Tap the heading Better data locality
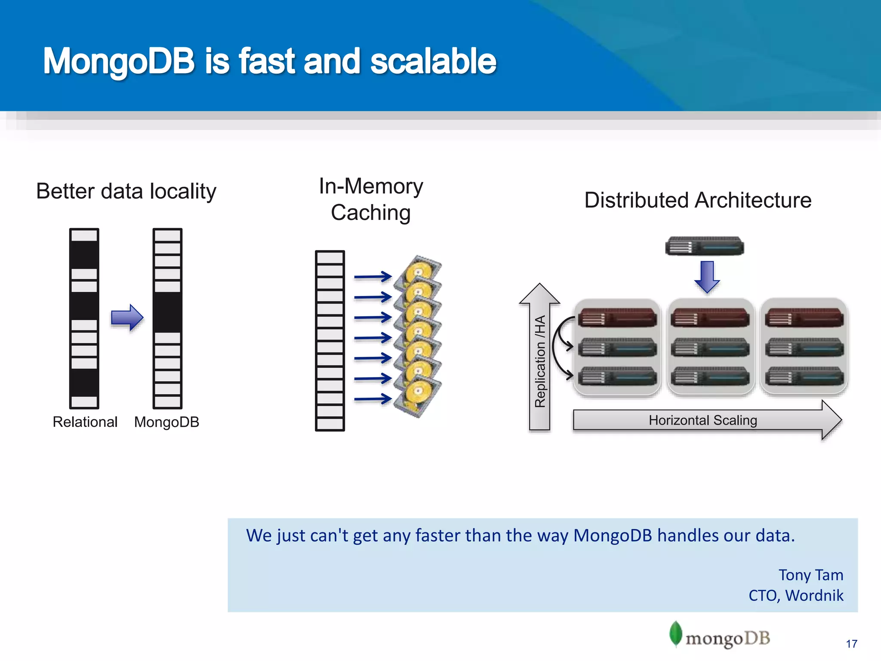point(126,191)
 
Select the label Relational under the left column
point(85,422)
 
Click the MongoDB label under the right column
point(166,422)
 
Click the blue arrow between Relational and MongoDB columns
point(126,318)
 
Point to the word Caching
point(371,213)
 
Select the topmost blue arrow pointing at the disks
point(372,277)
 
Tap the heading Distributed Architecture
point(698,200)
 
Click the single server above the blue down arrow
point(704,246)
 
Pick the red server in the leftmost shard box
point(617,318)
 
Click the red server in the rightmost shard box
point(804,318)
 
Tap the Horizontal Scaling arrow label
point(702,420)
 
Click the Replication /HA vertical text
point(540,361)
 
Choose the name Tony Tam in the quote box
point(810,575)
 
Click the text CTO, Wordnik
point(796,596)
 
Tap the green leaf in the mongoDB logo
point(676,633)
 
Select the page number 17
point(851,644)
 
